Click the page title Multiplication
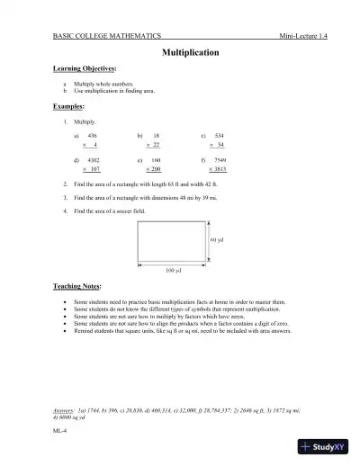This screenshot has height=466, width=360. click(190, 53)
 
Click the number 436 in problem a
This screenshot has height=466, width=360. click(92, 133)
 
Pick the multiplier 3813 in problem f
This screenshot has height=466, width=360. click(219, 168)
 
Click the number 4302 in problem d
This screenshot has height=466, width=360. click(93, 158)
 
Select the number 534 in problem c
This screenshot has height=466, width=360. click(219, 133)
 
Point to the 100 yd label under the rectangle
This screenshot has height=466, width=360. click(174, 270)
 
